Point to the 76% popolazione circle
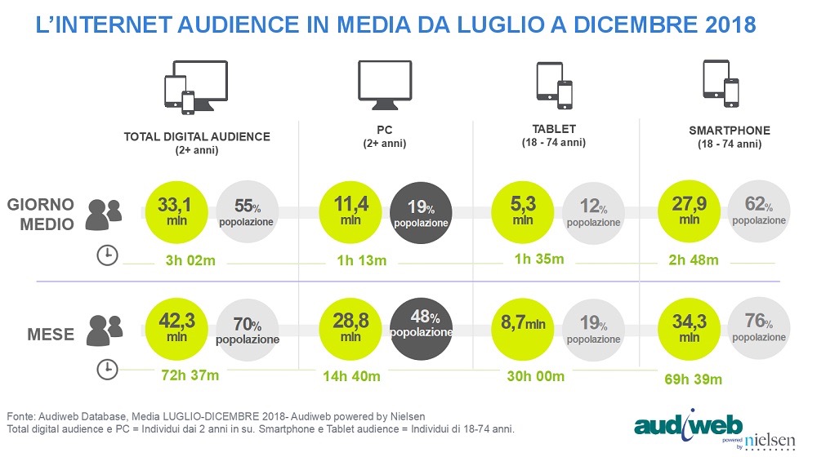759,326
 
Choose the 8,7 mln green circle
523,326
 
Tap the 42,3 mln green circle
173,326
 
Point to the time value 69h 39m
694,379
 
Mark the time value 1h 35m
537,260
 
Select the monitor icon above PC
385,84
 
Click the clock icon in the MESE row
106,369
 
